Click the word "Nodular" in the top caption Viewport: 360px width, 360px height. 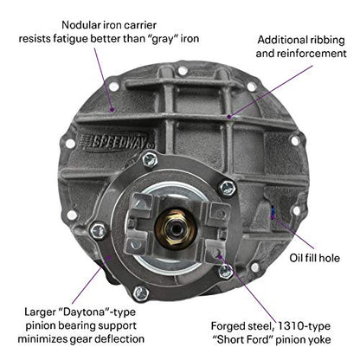80,25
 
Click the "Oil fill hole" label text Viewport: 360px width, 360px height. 315,258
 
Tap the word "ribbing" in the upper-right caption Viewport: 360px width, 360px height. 326,40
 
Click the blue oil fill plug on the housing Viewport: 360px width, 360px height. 273,212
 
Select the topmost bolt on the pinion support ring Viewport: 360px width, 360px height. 150,159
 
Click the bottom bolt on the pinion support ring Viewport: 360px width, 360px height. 141,293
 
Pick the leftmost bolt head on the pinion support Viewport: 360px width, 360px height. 99,230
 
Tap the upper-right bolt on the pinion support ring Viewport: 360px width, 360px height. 228,188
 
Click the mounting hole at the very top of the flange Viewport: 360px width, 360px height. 183,70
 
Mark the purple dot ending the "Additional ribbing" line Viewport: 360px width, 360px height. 229,117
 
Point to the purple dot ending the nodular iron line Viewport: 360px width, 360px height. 112,109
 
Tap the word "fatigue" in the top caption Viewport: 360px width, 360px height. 70,39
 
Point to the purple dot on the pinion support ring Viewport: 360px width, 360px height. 109,257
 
